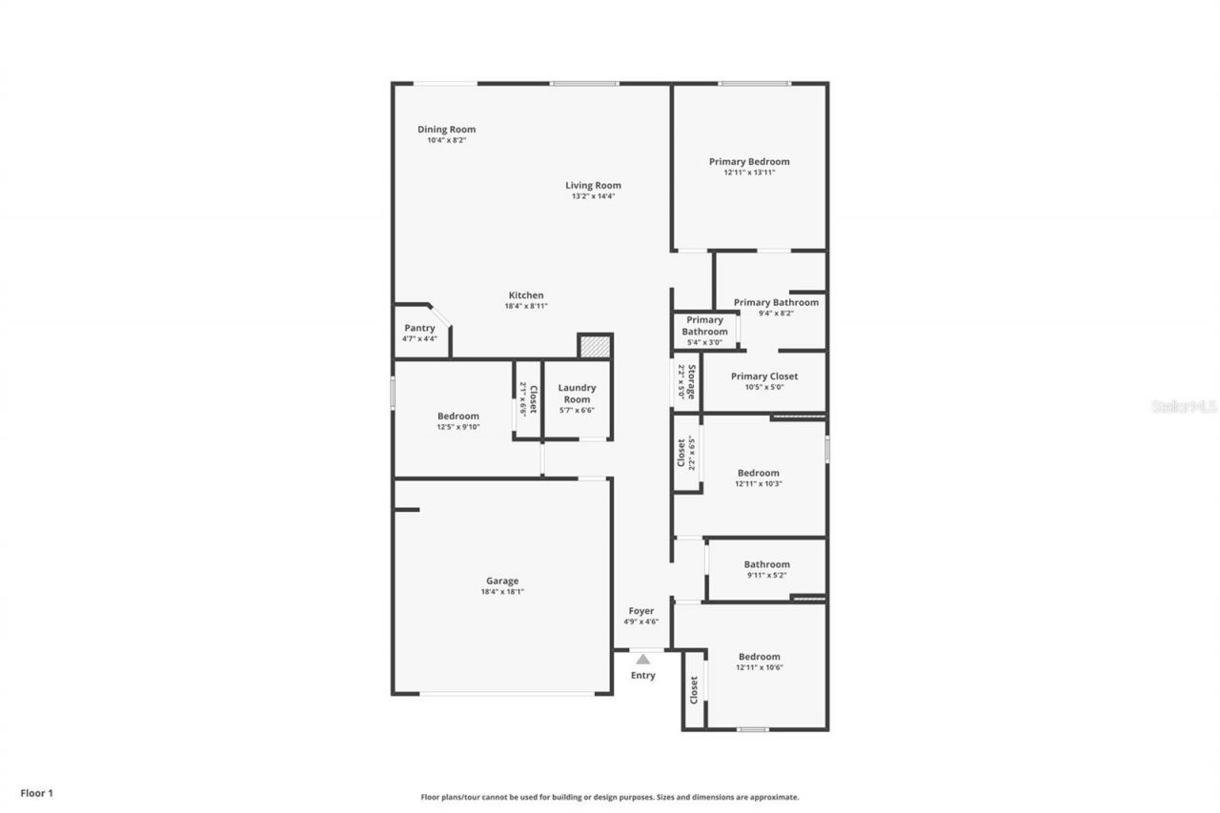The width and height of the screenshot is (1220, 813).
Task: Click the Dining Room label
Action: point(446,130)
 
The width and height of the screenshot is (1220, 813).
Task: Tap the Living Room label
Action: point(593,186)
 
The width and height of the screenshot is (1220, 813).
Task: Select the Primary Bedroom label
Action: point(749,162)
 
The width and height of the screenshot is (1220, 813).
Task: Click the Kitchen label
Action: point(526,295)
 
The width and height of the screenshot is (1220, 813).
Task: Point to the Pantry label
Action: point(419,328)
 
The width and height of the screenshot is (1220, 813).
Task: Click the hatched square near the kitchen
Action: point(595,346)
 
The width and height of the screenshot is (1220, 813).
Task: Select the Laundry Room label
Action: point(577,394)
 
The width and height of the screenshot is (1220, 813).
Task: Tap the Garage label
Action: point(502,581)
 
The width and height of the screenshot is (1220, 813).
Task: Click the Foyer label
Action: point(641,611)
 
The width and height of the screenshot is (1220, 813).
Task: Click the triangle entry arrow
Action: point(643,659)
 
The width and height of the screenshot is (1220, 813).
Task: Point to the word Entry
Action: point(643,676)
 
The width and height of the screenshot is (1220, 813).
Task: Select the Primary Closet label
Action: point(764,376)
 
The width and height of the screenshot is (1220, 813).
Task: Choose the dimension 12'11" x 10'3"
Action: point(759,484)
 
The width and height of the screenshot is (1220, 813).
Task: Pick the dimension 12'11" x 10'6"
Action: point(759,667)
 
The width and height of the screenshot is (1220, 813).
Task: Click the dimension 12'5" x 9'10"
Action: point(458,427)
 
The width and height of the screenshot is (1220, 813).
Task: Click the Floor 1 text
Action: point(37,793)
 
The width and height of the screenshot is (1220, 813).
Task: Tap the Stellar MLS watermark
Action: point(1184,406)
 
